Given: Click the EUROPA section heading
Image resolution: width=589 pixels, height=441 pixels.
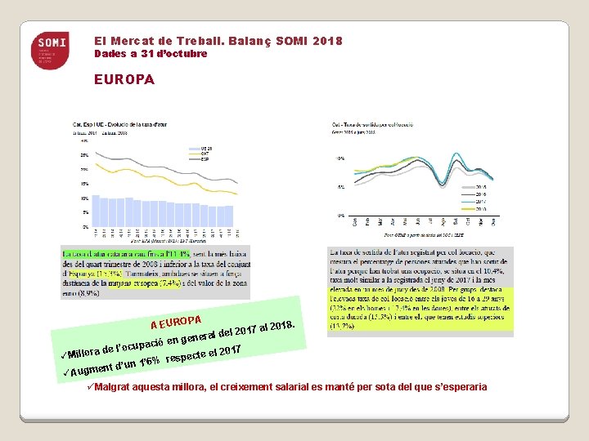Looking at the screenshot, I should [123, 81].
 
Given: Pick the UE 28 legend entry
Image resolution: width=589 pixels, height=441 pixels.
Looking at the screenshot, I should [207, 147].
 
